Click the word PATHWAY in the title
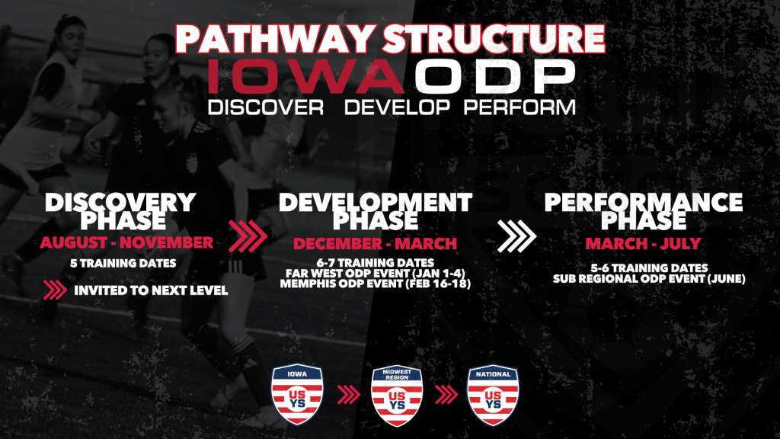(276, 38)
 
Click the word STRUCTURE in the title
(494, 38)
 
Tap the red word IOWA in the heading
(306, 76)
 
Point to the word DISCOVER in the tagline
(266, 107)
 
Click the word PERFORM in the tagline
(519, 107)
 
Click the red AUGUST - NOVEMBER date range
(127, 243)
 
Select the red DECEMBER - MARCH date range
(375, 243)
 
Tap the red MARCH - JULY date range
(643, 243)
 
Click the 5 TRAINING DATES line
(123, 263)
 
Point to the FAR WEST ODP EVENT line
(375, 274)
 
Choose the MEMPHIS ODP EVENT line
(375, 284)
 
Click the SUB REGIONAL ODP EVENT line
(649, 279)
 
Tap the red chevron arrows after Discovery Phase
(248, 236)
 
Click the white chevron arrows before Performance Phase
(517, 236)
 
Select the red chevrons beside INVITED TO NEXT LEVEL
(55, 290)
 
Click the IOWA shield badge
(297, 394)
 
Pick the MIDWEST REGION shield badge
(397, 396)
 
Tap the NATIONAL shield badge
(493, 396)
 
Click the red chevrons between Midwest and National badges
(446, 395)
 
